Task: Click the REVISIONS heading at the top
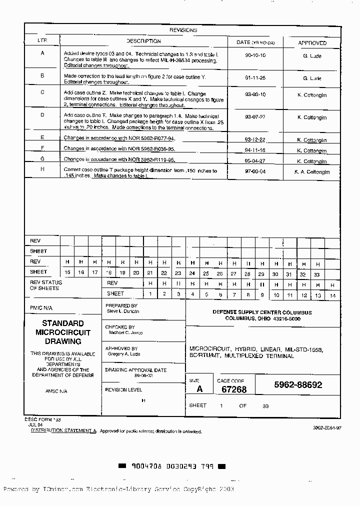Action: point(183,30)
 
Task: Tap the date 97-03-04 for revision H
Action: point(255,171)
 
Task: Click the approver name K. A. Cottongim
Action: point(312,172)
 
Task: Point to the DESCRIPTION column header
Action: point(143,41)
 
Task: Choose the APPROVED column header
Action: point(312,43)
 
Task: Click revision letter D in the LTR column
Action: point(42,114)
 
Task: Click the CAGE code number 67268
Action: point(234,389)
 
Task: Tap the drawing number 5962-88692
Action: point(298,385)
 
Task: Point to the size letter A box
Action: point(199,389)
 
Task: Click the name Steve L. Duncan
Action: point(123,311)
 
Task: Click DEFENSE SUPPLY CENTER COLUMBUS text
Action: point(262,312)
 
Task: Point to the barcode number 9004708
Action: point(147,466)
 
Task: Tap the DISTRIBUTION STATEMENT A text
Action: point(63,430)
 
